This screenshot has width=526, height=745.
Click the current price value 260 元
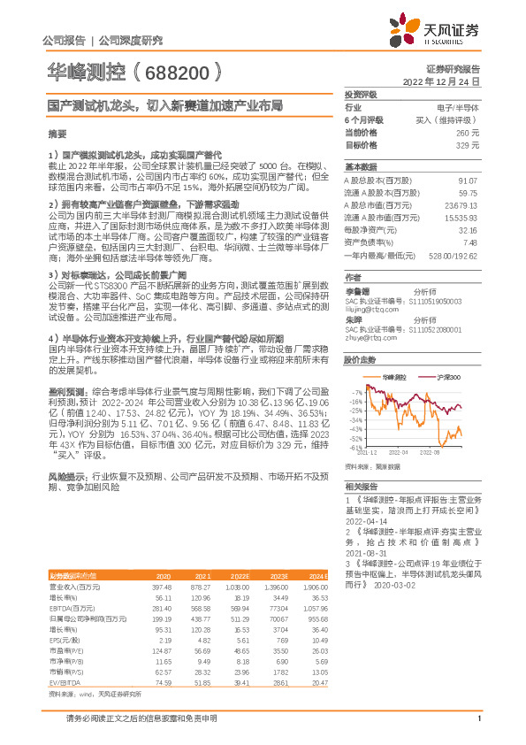click(x=469, y=132)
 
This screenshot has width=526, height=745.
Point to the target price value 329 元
click(x=469, y=144)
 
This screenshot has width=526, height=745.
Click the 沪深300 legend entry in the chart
click(x=445, y=377)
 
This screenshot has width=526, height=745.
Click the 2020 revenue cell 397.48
click(x=162, y=586)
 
